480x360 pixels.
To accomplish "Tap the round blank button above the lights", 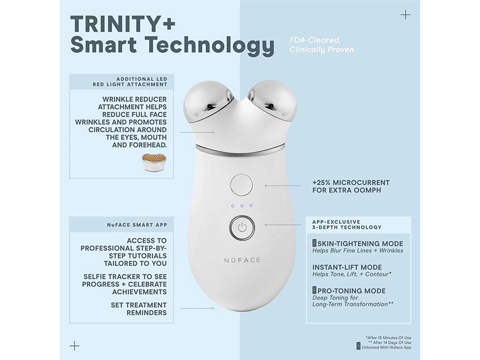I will click(241, 184).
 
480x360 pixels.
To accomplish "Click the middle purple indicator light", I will click(241, 206).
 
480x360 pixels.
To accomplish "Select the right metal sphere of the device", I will click(272, 101).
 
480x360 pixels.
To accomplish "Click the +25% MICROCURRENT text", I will click(350, 183).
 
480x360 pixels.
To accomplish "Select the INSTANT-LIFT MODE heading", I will click(346, 267).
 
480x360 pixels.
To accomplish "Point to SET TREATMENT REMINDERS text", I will click(138, 309).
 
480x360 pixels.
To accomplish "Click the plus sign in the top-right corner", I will click(405, 15).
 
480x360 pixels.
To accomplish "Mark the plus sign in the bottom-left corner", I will click(74, 345).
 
